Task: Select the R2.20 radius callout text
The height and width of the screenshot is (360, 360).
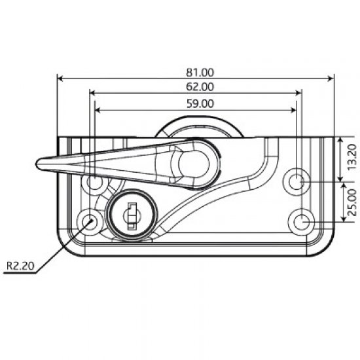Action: pos(20,266)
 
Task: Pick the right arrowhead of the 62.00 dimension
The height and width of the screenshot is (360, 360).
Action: pos(299,94)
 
